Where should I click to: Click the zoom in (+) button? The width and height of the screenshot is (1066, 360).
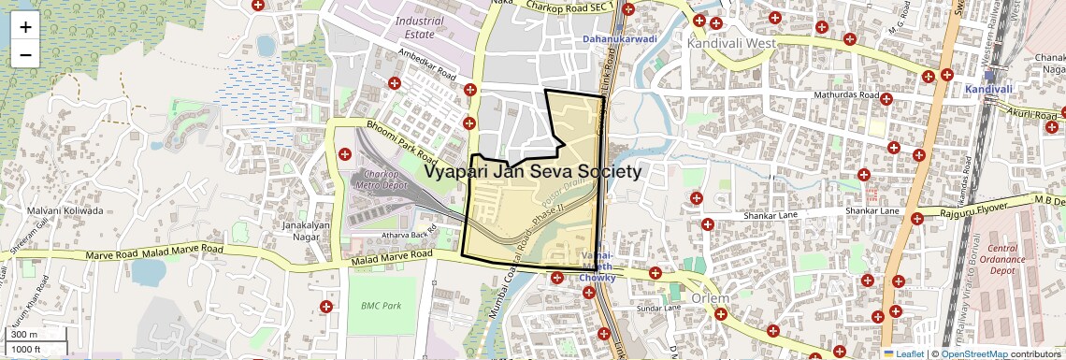pos(25,27)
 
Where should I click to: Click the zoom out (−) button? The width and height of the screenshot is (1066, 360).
pos(25,55)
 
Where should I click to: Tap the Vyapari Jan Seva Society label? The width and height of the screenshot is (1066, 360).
pos(532,172)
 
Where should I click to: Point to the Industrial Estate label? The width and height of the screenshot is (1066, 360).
pos(420,27)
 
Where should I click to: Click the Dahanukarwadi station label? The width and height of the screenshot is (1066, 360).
pos(619,39)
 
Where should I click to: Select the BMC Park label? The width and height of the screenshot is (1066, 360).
pos(381,306)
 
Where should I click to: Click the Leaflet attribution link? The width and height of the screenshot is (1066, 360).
pos(909,354)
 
